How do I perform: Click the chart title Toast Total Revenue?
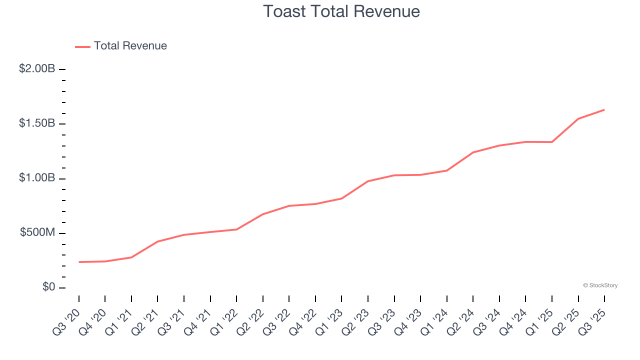[341, 11]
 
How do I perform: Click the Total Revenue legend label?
[130, 46]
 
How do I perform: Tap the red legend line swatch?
[82, 46]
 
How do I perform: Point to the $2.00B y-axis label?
[37, 69]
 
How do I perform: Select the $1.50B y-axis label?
[37, 123]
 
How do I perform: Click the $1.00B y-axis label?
[37, 178]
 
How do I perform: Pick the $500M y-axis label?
[37, 233]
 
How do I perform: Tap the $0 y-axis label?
[48, 287]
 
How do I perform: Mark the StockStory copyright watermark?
[600, 285]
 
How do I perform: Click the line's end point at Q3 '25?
[604, 109]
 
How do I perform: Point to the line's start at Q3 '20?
[79, 262]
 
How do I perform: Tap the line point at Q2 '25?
[578, 118]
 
